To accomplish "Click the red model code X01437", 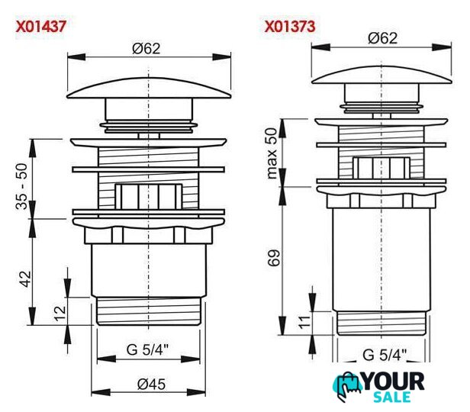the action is click(x=40, y=26).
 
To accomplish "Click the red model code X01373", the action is click(x=290, y=26).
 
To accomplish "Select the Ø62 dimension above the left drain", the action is click(x=146, y=49).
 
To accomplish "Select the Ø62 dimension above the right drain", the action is click(x=383, y=38).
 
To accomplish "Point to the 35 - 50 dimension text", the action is click(x=22, y=186).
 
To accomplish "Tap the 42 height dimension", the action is click(x=25, y=279).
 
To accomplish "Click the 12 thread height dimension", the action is click(x=60, y=314).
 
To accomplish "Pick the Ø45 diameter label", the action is click(x=151, y=384).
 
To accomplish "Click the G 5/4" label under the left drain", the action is click(x=147, y=349).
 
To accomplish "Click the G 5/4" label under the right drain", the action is click(x=385, y=355).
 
